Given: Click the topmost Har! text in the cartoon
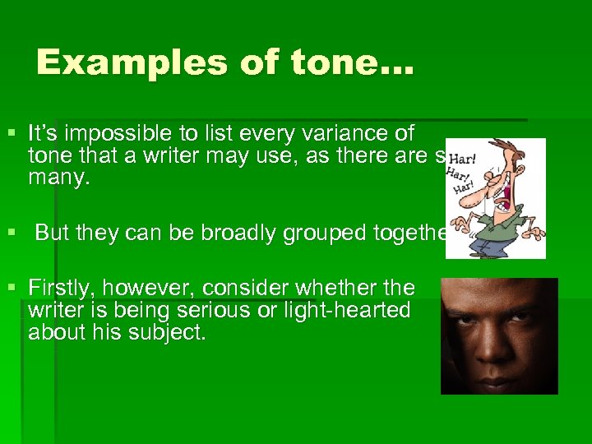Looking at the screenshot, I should [464, 156].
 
